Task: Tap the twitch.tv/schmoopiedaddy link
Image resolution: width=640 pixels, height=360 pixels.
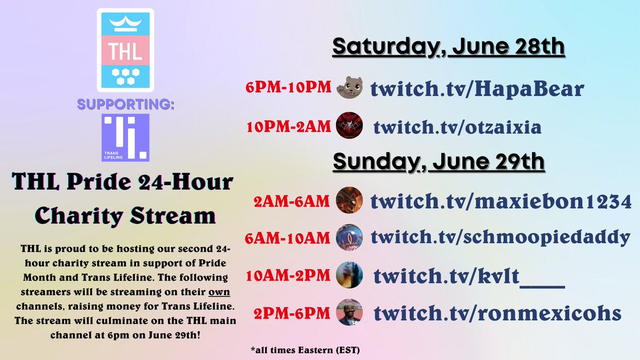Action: click(500, 237)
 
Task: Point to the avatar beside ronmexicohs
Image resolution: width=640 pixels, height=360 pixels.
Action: click(350, 312)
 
